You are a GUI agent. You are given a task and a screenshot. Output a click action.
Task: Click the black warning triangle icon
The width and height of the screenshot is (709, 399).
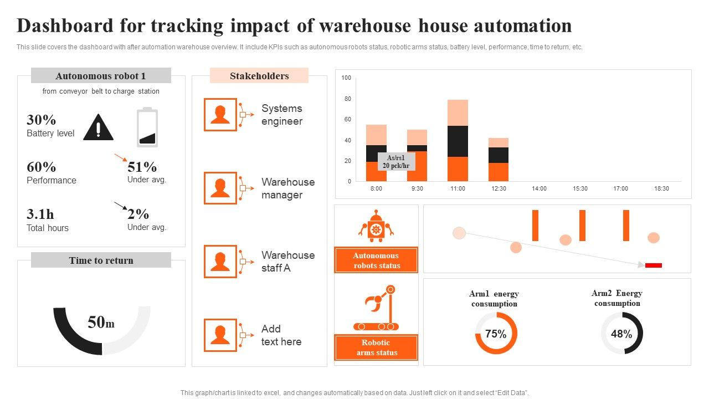(x=98, y=128)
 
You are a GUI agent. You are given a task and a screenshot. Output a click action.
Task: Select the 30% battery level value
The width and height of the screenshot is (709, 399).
(x=42, y=120)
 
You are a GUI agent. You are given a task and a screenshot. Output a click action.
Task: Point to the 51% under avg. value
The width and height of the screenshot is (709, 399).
(x=142, y=167)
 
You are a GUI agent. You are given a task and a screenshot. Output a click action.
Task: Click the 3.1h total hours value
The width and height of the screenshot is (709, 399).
(x=40, y=214)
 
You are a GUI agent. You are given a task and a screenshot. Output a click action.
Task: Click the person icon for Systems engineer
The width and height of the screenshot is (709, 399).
(x=220, y=115)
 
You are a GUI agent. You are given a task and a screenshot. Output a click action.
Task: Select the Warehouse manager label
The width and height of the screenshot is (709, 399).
(x=288, y=188)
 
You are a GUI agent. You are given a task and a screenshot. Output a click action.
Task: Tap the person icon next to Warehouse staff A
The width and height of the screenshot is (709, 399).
(x=220, y=262)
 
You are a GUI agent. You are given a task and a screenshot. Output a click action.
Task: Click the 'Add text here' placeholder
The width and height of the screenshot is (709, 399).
(x=281, y=335)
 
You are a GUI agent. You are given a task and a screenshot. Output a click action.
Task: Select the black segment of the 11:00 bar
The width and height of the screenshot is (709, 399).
(x=458, y=141)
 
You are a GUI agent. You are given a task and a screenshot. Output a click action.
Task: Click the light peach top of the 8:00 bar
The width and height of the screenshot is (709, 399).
(x=377, y=135)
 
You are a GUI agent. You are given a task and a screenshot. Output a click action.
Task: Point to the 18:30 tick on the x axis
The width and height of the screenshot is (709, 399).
(x=661, y=188)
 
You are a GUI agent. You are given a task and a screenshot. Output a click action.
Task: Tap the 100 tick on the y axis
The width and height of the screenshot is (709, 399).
(x=346, y=78)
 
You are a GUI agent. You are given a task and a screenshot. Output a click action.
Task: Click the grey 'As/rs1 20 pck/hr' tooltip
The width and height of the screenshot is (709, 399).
(x=397, y=162)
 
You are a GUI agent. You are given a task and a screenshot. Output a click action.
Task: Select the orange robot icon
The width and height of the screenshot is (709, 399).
(x=377, y=226)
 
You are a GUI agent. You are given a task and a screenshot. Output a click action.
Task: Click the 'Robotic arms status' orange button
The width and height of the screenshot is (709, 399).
(x=376, y=347)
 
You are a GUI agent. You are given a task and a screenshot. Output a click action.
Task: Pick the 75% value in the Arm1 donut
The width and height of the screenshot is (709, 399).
(x=496, y=334)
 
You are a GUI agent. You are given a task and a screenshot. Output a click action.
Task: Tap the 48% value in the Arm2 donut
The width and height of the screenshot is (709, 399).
(x=621, y=334)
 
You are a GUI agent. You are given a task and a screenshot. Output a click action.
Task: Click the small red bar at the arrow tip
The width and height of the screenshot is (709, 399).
(x=654, y=265)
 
